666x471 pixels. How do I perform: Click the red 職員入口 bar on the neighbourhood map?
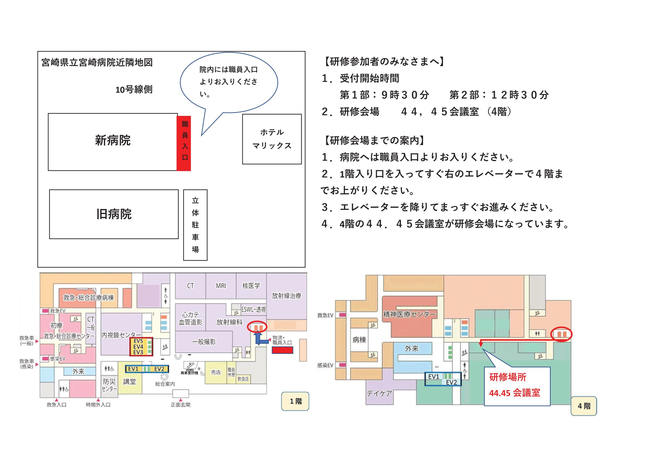click(x=184, y=143)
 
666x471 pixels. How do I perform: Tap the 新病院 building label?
click(x=113, y=141)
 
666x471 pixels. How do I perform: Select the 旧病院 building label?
click(x=114, y=214)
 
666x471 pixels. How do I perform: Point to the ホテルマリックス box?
click(x=272, y=139)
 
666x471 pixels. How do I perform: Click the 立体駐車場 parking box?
click(x=195, y=225)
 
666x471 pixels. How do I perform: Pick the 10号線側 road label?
click(x=134, y=90)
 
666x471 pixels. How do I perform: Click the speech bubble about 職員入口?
click(x=229, y=82)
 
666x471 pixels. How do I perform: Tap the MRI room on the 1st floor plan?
click(x=221, y=286)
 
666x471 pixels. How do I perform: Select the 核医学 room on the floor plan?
click(x=251, y=286)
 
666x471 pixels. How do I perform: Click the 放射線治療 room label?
click(x=286, y=296)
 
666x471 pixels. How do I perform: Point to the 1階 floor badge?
click(x=295, y=401)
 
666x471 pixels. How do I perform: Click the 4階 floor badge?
click(x=584, y=406)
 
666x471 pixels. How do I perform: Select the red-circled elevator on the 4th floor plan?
click(x=561, y=334)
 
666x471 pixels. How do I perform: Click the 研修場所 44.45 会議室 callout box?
click(x=517, y=386)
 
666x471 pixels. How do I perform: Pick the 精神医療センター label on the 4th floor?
click(x=409, y=314)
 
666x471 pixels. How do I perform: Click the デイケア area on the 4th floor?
click(x=379, y=393)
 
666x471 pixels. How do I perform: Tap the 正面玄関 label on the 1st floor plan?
click(x=181, y=405)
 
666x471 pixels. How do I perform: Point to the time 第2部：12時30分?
click(x=499, y=95)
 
